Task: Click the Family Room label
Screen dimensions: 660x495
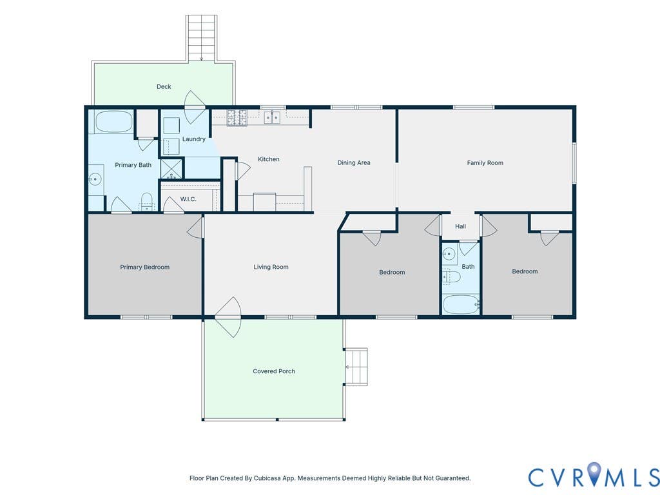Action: coord(485,163)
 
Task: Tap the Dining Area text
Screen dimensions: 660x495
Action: coord(354,163)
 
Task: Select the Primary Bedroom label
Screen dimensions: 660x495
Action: coord(145,267)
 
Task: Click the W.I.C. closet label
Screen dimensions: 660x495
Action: coord(188,199)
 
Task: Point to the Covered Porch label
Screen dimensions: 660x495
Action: coord(273,371)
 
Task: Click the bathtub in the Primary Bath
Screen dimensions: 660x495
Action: coord(113,122)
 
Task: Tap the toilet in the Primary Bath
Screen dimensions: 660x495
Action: coord(146,201)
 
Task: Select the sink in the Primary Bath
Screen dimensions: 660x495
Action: coord(95,179)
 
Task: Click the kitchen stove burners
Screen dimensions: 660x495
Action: coord(237,117)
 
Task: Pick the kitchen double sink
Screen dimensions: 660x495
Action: coord(272,117)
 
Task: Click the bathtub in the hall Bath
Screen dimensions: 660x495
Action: coord(460,304)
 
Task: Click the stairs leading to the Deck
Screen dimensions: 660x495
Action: coord(201,38)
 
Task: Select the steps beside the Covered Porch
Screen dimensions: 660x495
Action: coord(356,367)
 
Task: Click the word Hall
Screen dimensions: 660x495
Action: coord(460,226)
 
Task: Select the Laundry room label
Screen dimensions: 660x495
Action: coord(193,139)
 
